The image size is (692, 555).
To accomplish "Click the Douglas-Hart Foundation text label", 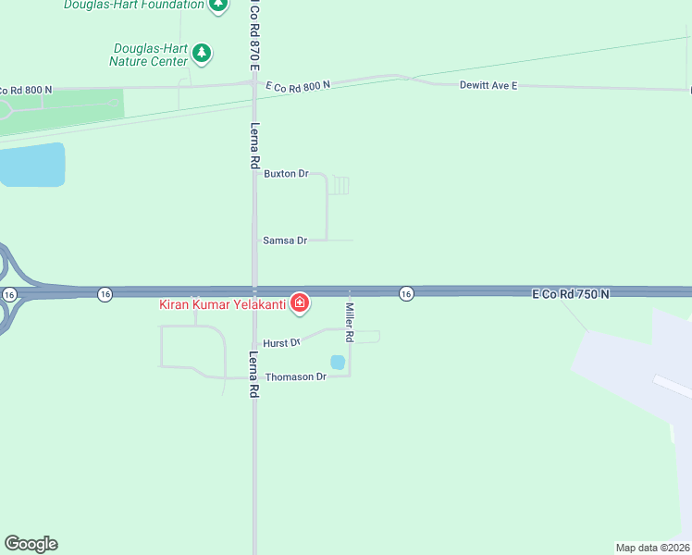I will [133, 5].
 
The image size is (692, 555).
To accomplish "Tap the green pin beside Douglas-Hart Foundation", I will [217, 5].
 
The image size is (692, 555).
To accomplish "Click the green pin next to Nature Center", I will [203, 54].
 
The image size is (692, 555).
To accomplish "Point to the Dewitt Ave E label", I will [488, 85].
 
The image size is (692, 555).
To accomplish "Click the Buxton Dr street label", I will [285, 173].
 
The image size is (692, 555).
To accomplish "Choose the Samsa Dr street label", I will [285, 240].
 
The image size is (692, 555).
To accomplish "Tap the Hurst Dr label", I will [281, 343].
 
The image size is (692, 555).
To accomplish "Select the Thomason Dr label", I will [296, 377].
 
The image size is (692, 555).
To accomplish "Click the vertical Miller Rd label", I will [350, 320].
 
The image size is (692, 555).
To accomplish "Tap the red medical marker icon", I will [300, 302].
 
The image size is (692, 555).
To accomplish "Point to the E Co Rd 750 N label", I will [571, 293].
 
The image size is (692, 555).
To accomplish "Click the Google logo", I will [31, 544].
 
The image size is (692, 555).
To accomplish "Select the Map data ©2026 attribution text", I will [652, 548].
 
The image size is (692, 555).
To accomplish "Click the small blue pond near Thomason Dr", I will [338, 362].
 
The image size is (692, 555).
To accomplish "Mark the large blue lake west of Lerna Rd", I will [31, 165].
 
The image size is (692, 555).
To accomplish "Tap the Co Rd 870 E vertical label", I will [253, 32].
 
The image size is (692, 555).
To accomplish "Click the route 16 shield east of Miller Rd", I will [406, 293].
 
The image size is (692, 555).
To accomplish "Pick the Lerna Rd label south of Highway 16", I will [253, 374].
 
